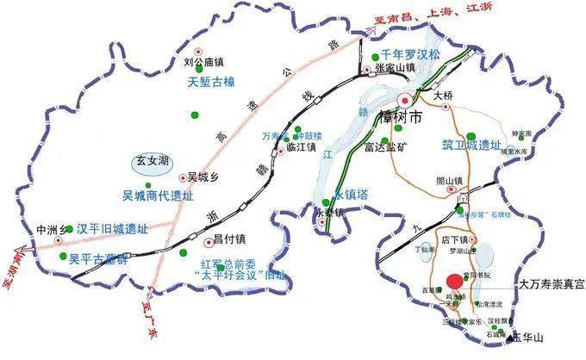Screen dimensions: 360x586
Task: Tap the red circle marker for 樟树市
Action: [x=407, y=98]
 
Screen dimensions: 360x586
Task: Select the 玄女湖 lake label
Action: [x=153, y=159]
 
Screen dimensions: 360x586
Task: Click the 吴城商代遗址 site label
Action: [x=156, y=196]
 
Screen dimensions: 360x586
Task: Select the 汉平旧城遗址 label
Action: [x=112, y=229]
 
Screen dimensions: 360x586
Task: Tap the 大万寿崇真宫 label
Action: [x=548, y=282]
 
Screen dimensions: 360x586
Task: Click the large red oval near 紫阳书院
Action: [x=454, y=282]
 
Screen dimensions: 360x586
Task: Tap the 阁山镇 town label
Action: [x=449, y=180]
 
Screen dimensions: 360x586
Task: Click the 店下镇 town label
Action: [x=453, y=239]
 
